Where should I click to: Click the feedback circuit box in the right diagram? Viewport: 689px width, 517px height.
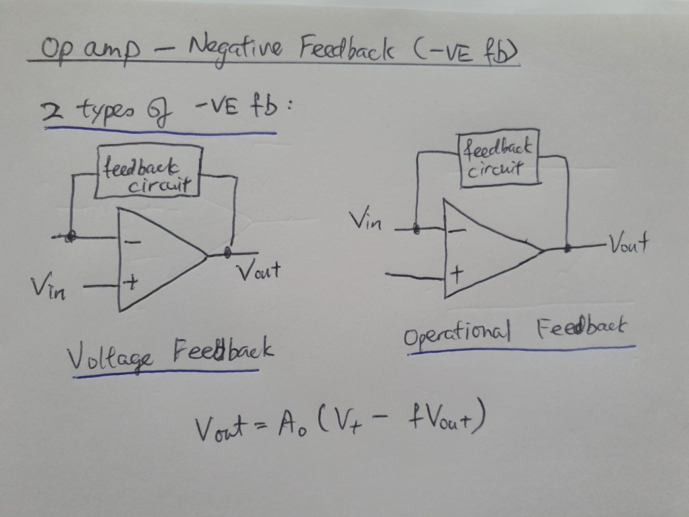click(x=499, y=158)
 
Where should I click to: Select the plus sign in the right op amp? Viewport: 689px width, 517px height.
click(x=458, y=274)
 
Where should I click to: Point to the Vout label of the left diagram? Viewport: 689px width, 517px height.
click(x=257, y=272)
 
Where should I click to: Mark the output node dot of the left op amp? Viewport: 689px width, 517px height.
click(x=228, y=252)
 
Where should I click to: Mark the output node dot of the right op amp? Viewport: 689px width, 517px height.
click(x=568, y=248)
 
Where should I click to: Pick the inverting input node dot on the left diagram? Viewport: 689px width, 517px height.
click(x=71, y=236)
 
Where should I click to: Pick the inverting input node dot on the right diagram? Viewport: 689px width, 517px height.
click(x=416, y=230)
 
